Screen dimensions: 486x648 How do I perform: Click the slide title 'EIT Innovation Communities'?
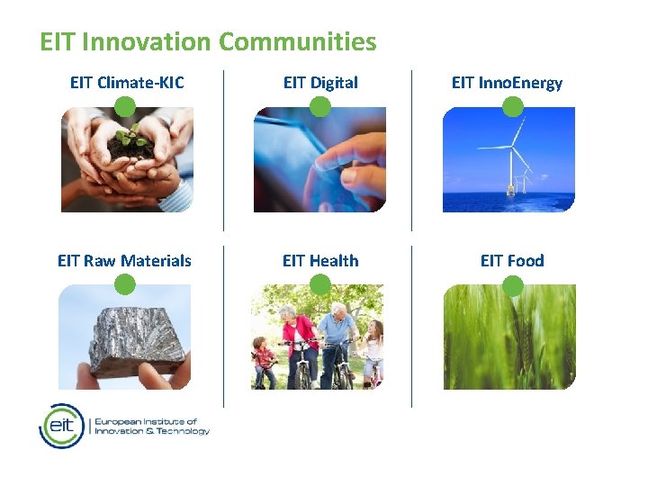click(x=208, y=41)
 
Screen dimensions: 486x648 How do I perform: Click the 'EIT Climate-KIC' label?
click(x=127, y=83)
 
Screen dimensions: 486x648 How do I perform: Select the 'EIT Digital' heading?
click(x=320, y=83)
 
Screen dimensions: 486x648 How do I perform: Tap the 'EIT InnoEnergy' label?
click(x=507, y=83)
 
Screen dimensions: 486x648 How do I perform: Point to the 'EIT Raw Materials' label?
click(x=124, y=261)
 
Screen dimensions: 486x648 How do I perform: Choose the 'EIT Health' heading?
click(x=320, y=261)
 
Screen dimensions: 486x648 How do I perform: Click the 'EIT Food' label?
click(x=512, y=261)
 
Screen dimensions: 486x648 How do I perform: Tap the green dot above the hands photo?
click(x=126, y=108)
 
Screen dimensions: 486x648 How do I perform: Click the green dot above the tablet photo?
click(x=320, y=108)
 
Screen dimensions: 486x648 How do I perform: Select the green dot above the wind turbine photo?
click(x=512, y=108)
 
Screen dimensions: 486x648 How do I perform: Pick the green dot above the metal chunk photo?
click(x=126, y=285)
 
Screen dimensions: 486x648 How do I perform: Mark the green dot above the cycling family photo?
click(x=320, y=285)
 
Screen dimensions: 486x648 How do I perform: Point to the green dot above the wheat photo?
click(x=512, y=286)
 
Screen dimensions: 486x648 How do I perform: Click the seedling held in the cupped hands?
click(x=131, y=140)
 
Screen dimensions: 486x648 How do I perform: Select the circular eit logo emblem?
click(x=62, y=426)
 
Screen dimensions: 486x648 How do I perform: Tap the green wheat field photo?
click(x=508, y=342)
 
